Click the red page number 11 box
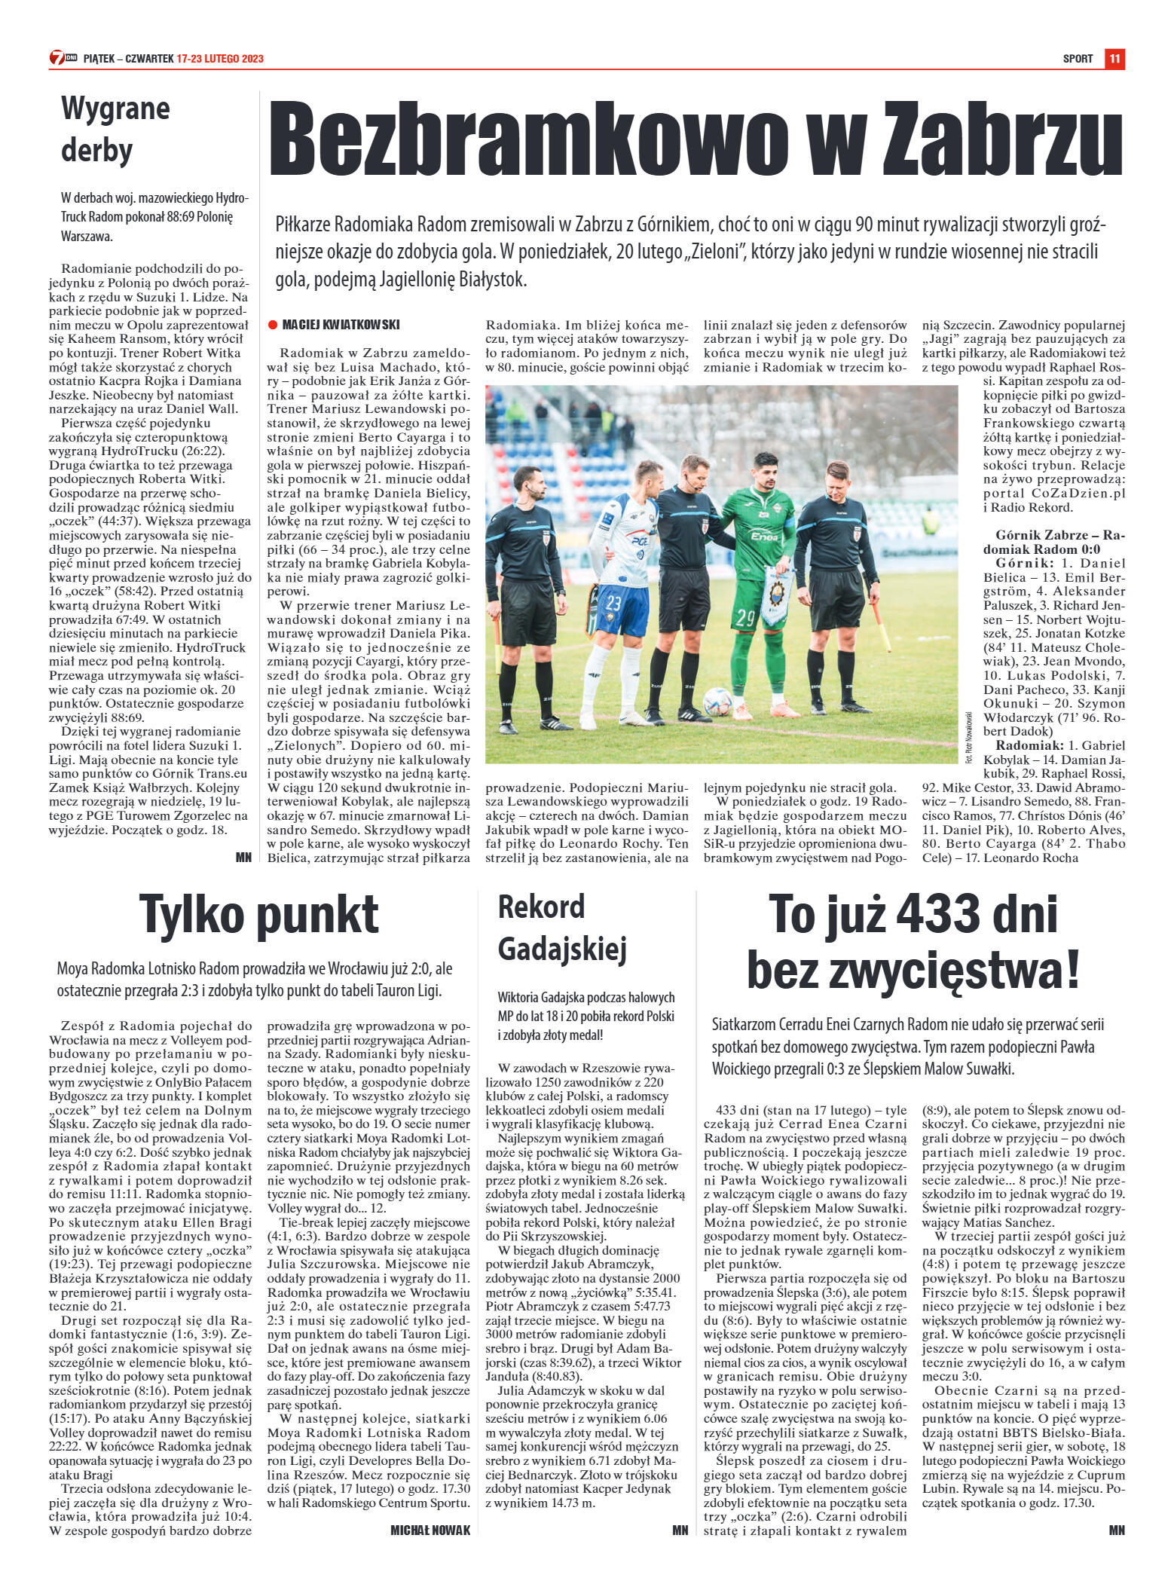1114,58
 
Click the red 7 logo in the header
57,58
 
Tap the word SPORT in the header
1078,59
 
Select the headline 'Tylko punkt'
258,914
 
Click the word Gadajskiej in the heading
562,949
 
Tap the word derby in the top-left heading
96,149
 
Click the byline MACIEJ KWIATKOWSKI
341,325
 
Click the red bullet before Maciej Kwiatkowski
273,325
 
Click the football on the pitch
717,702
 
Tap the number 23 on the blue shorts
613,603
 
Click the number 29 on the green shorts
746,619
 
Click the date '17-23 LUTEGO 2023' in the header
220,59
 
